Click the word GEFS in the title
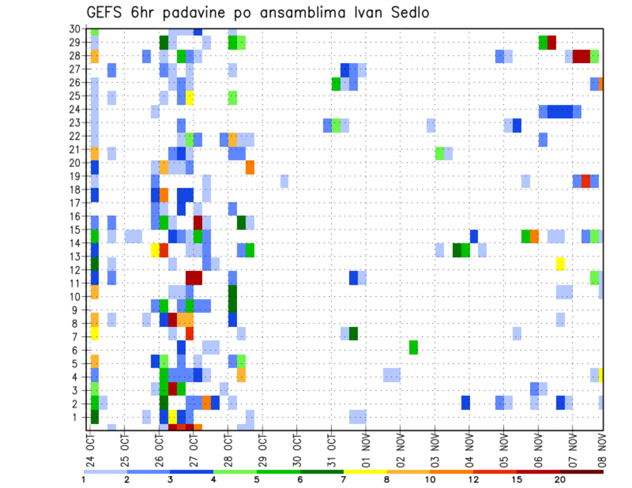[x=105, y=12]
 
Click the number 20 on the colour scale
[x=560, y=479]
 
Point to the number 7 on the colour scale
[x=343, y=479]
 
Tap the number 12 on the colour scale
[x=474, y=479]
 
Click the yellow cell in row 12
[x=560, y=264]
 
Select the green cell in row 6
[x=413, y=347]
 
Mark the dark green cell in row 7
[x=354, y=333]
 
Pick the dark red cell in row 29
[x=552, y=43]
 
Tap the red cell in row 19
[x=586, y=181]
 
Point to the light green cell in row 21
[x=439, y=153]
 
